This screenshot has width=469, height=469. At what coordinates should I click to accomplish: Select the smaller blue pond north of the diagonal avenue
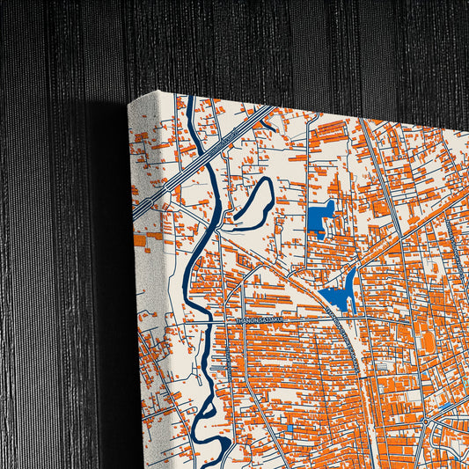tap(321, 219)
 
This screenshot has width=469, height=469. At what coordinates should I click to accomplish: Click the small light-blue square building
tap(289, 429)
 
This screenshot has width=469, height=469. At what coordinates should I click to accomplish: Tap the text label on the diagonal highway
tap(231, 139)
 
